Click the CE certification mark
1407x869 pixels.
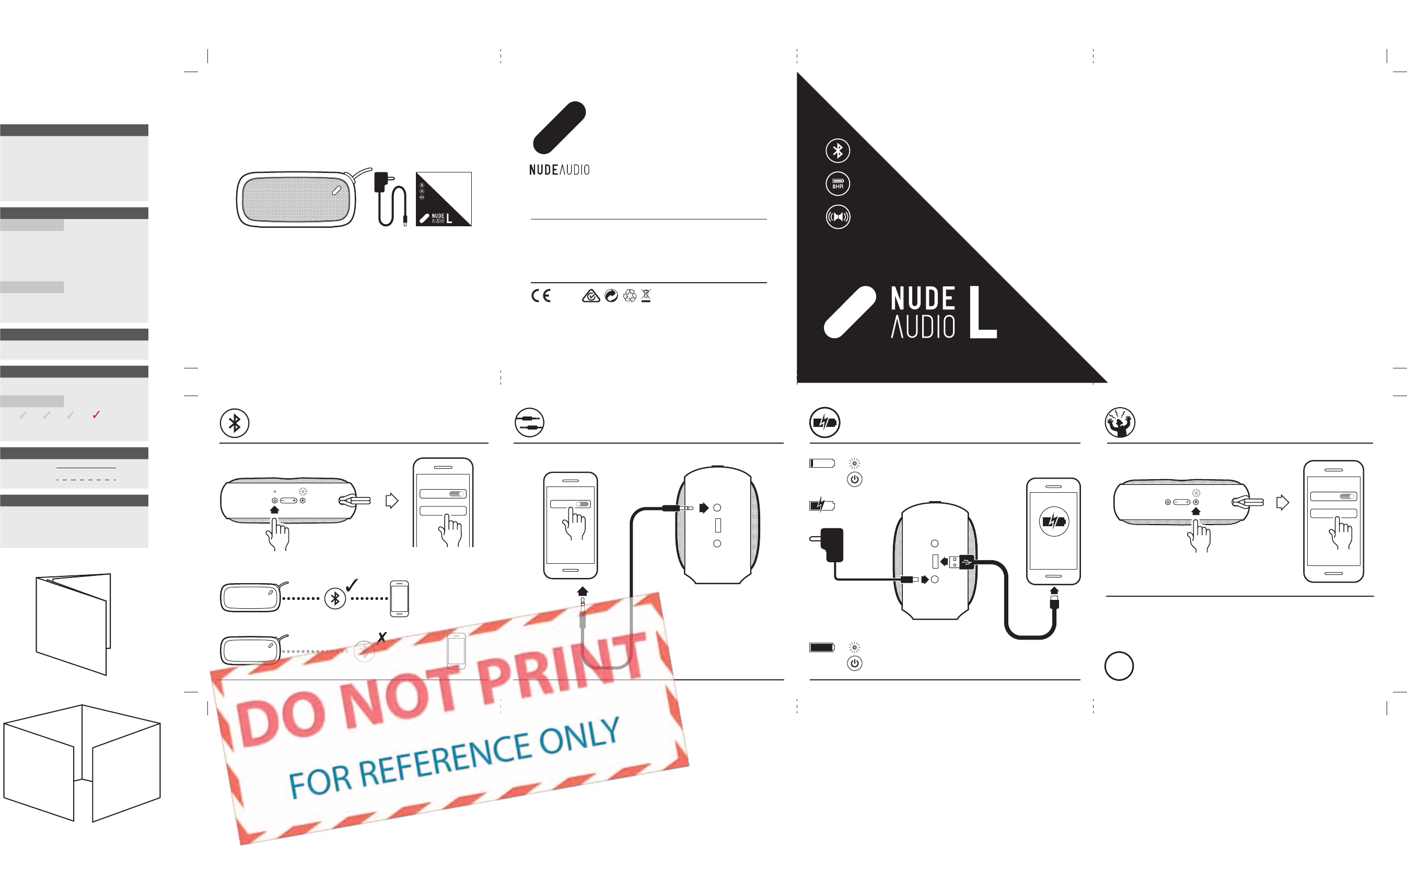coord(541,295)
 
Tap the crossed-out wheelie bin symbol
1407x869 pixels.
coord(646,295)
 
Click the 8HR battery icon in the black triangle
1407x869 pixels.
coord(838,184)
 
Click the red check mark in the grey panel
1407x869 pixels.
coord(96,414)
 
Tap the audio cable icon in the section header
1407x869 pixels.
coord(529,422)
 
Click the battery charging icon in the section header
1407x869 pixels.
coord(824,422)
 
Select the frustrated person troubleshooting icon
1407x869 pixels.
coord(1119,422)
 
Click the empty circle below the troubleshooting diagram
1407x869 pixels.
coord(1119,666)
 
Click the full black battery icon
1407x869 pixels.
coord(821,647)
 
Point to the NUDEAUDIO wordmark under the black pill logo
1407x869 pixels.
coord(559,169)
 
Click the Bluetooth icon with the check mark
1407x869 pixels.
coord(335,598)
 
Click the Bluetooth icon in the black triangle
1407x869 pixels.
coord(838,150)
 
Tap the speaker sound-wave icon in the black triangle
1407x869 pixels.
coord(838,217)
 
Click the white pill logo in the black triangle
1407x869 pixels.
coord(850,312)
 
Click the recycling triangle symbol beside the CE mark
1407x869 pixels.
coord(630,295)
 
